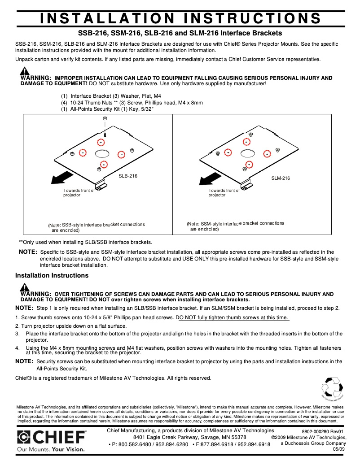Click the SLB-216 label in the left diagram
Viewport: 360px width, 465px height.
(128, 176)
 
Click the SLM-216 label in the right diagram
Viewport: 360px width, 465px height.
(281, 178)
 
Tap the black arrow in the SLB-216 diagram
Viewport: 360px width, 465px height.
(60, 179)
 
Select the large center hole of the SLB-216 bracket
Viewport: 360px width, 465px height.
(102, 153)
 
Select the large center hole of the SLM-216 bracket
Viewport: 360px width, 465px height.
(247, 153)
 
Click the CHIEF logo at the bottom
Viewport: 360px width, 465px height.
(52, 437)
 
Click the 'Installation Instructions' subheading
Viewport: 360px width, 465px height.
(52, 275)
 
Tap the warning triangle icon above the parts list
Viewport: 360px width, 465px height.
(25, 72)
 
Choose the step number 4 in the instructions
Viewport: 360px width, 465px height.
(17, 348)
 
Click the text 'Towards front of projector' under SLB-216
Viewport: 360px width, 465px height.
(79, 193)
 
